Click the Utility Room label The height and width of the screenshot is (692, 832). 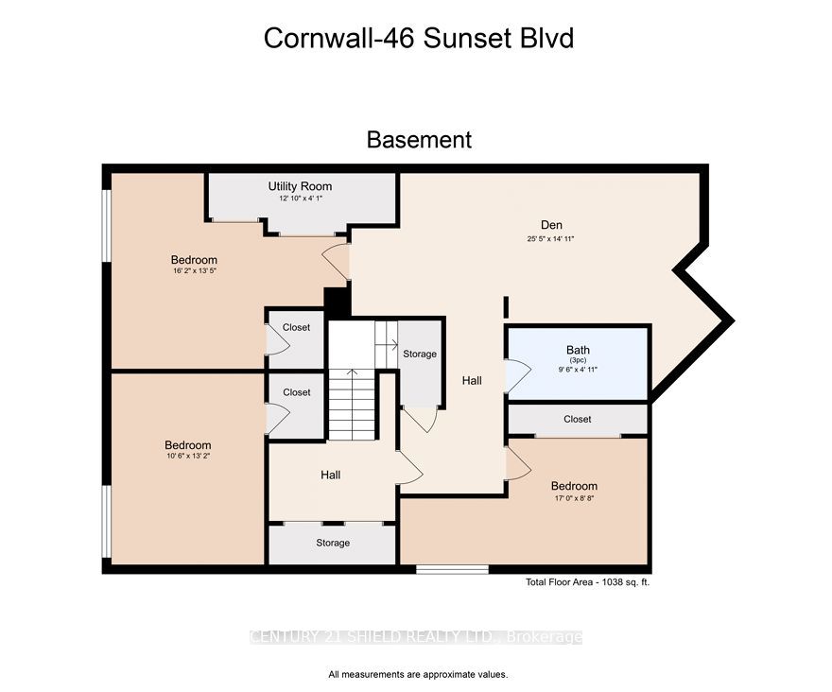coord(300,186)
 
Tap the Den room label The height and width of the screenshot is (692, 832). coord(551,225)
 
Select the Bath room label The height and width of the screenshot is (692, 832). coord(578,350)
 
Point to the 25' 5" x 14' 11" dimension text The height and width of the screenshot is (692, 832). coord(551,239)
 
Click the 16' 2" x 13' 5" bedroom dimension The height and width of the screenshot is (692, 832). coord(194,270)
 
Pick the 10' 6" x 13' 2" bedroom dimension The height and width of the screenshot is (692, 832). coord(188,456)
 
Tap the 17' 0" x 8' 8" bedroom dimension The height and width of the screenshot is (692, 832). coord(574,498)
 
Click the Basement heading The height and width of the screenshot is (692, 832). coord(419,140)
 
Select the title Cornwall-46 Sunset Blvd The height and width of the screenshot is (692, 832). coord(419,38)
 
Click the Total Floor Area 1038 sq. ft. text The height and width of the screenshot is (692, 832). coord(587,582)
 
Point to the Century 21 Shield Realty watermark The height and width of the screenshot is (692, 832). coord(416,637)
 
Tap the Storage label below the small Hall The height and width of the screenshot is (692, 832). coord(333,543)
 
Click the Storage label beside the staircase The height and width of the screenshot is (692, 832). coord(420,354)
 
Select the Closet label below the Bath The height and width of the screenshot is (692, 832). coord(578,419)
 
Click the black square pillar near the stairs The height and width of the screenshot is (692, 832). coord(337,303)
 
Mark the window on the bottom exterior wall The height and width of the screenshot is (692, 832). coord(452,569)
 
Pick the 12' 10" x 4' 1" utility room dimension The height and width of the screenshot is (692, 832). coord(301,199)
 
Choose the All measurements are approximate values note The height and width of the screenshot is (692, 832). coord(418,675)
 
